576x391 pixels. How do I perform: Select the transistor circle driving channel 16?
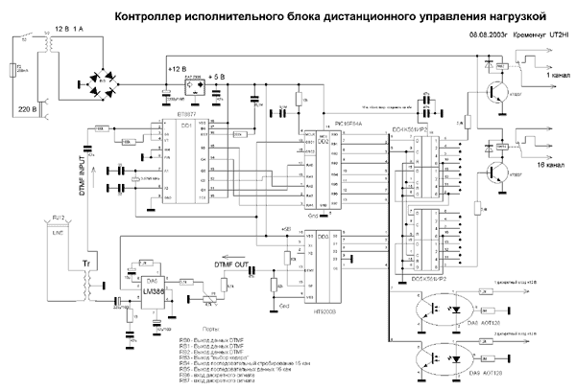495,172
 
